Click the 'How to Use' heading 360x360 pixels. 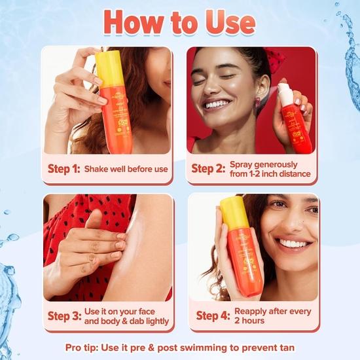pyautogui.click(x=179, y=22)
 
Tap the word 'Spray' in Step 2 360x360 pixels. pyautogui.click(x=245, y=164)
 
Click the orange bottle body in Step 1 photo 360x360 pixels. pyautogui.click(x=116, y=118)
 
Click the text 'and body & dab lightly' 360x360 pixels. pyautogui.click(x=126, y=321)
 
